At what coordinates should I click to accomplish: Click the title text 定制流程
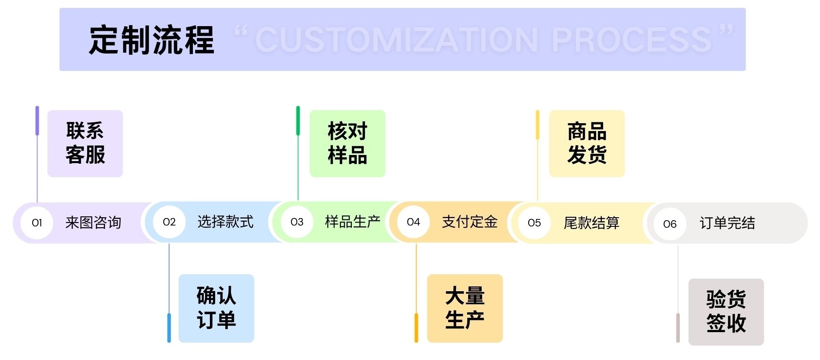point(152,40)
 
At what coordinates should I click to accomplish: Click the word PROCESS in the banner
point(631,40)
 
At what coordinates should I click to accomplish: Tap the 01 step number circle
point(37,223)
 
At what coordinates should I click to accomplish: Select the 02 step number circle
point(169,222)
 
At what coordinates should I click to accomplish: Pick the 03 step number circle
point(297,222)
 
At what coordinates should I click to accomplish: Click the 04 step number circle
point(413,222)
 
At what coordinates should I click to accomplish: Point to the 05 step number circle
point(534,223)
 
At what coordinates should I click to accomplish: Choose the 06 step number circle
point(670,224)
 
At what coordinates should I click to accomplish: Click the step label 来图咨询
point(93,223)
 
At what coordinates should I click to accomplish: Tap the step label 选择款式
point(225,222)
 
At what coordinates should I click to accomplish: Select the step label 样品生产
point(352,222)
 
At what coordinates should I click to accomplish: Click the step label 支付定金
point(469,222)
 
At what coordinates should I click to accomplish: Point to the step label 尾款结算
point(591,223)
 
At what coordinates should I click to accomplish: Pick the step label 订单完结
point(727,223)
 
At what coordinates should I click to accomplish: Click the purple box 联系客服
point(85,143)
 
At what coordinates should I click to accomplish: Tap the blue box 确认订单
point(216,308)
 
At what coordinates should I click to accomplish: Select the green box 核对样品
point(347,143)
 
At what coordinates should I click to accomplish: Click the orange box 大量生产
point(465,308)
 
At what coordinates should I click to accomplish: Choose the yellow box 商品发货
point(587,143)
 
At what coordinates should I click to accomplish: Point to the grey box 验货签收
point(726,312)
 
